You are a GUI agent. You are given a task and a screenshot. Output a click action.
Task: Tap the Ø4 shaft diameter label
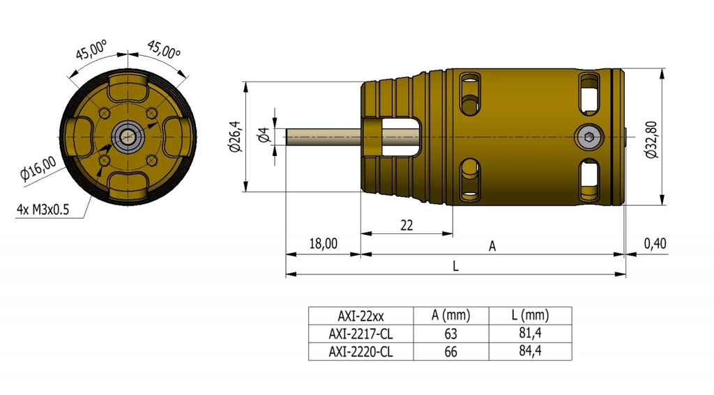264,136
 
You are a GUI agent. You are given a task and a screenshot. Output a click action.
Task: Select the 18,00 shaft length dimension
323,243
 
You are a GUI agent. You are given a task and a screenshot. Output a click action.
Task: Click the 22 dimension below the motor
407,224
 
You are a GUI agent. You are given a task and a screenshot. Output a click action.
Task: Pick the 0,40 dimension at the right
655,243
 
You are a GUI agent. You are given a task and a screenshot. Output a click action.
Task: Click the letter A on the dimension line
492,246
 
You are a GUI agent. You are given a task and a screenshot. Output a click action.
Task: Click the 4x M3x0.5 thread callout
43,209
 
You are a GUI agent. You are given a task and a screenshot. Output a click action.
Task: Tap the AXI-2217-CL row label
360,334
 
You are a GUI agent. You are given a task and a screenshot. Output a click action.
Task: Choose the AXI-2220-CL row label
360,352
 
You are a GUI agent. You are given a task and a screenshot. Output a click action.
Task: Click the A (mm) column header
450,315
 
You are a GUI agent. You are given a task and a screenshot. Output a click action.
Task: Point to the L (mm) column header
530,315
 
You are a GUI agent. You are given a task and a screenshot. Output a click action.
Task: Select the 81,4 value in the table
530,334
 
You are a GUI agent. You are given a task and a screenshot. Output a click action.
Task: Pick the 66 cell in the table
450,352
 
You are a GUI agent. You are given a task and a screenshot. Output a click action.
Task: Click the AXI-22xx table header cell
360,315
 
